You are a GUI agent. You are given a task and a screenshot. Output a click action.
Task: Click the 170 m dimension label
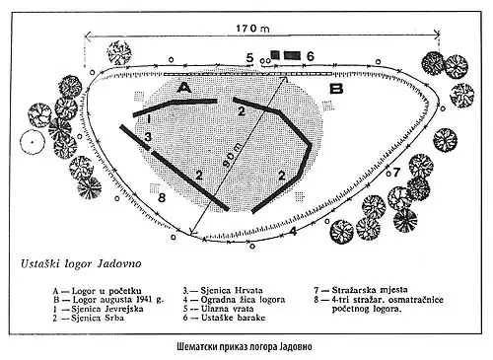coord(252,29)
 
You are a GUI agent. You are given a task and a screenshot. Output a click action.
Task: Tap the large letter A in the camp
coord(184,88)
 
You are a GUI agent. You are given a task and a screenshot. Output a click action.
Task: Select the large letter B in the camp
coord(336,89)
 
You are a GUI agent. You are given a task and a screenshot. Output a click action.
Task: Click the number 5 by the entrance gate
coord(249,58)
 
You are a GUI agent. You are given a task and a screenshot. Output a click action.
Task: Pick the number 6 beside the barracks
coord(310,56)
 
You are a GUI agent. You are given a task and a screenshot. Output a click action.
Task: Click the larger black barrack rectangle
coord(292,55)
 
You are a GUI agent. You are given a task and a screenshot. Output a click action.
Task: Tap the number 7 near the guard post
coord(396,172)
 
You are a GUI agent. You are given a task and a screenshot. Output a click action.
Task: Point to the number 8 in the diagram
coord(162,198)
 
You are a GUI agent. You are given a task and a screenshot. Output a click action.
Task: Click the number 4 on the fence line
coord(294,231)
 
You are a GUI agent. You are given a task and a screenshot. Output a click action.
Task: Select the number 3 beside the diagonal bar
coord(148,136)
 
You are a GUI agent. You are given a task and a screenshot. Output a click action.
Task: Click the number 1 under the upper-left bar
coord(149,118)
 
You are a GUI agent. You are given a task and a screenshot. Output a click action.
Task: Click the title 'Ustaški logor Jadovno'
coord(81,264)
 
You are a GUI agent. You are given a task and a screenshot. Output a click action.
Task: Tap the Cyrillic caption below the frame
coord(245,347)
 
